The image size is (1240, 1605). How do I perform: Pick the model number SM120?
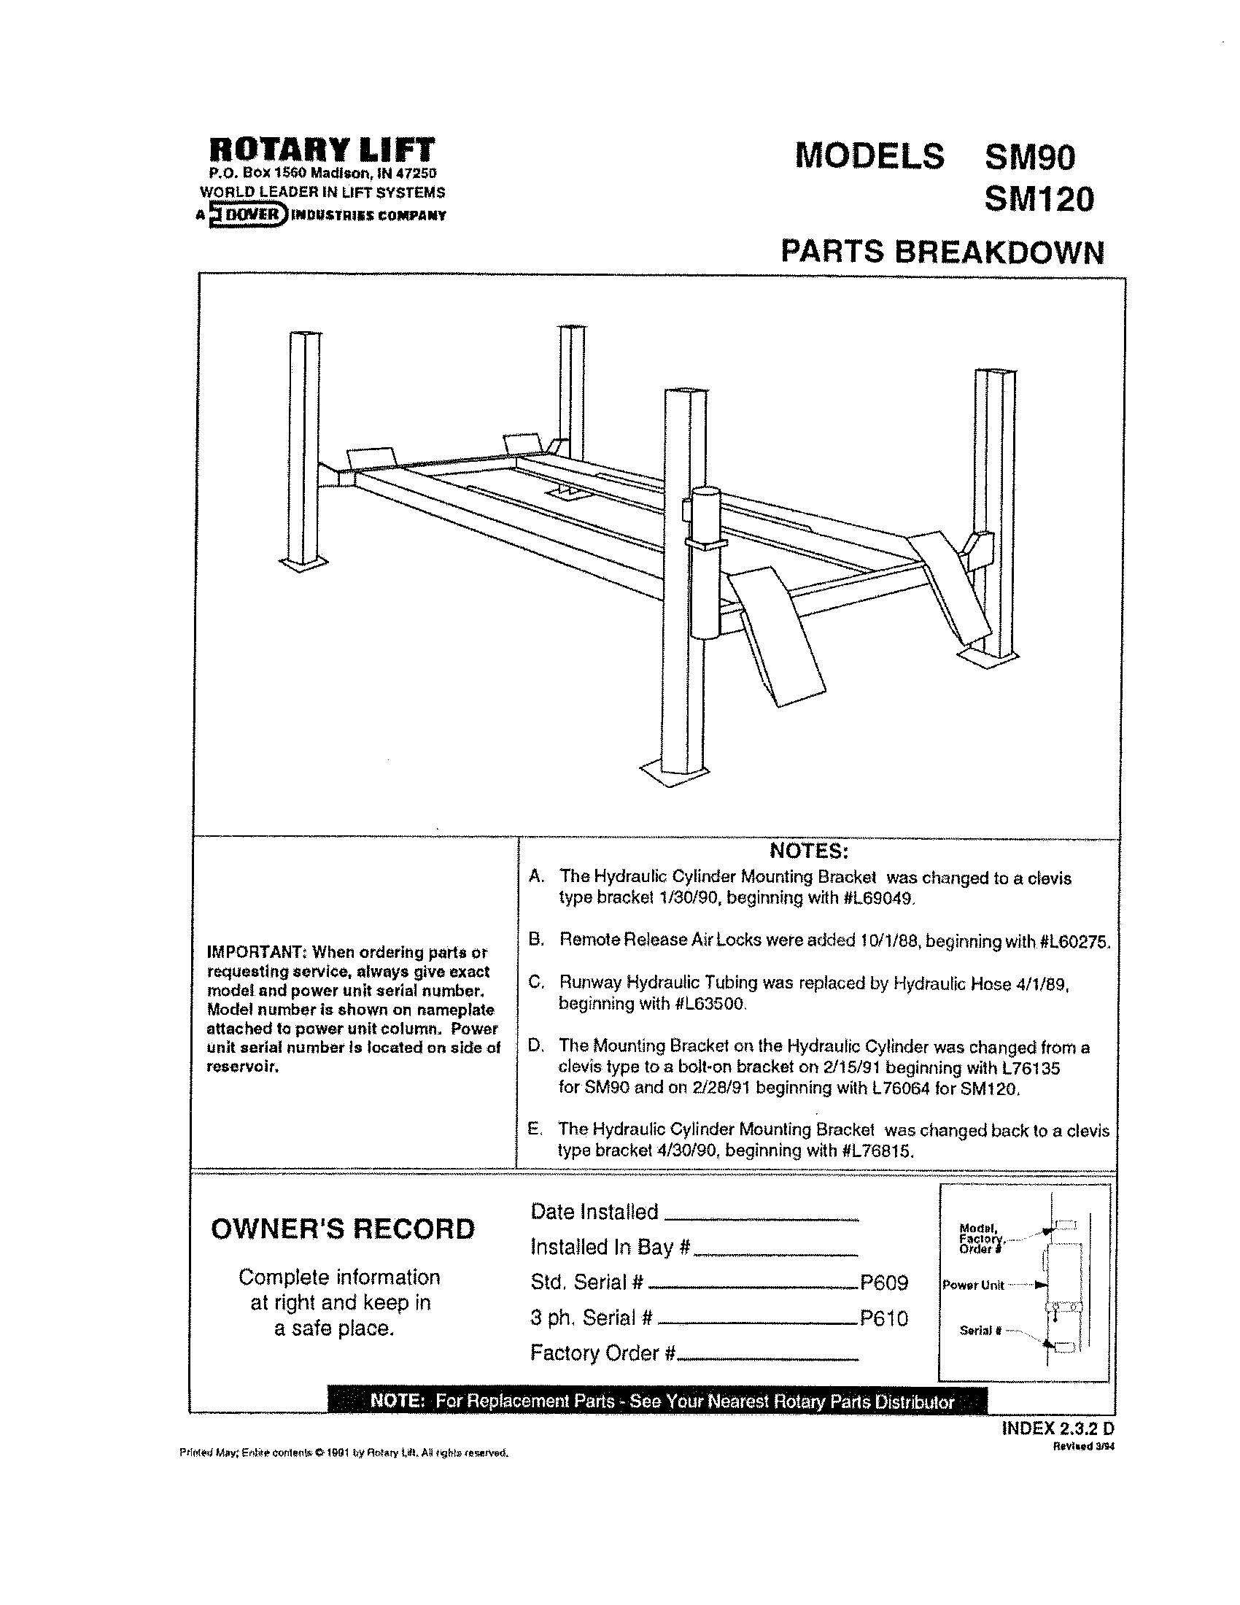[x=1038, y=199]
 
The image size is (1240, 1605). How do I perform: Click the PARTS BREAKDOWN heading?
[x=942, y=252]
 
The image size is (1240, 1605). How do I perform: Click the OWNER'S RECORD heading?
[x=343, y=1229]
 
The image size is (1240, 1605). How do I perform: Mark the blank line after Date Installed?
[x=761, y=1219]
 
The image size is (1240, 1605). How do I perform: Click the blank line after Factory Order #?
[x=767, y=1360]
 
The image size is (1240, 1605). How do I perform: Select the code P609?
[x=885, y=1283]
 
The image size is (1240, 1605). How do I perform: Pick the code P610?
[x=885, y=1318]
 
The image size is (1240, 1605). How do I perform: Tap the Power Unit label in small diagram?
[x=972, y=1285]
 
